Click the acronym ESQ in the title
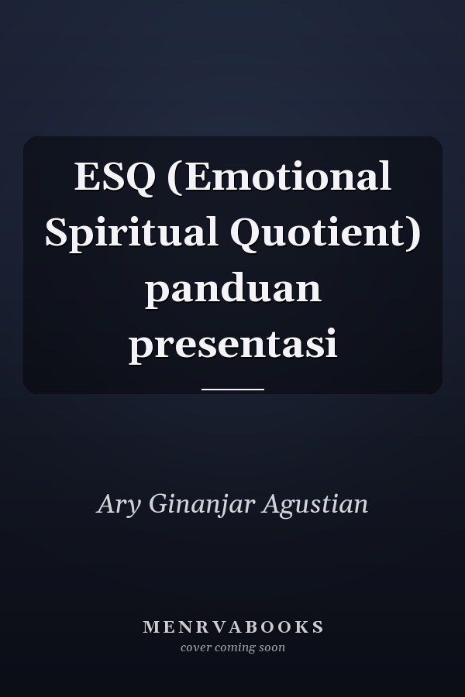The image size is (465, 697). [x=115, y=177]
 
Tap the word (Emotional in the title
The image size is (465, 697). [x=280, y=177]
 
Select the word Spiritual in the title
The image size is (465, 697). [x=131, y=233]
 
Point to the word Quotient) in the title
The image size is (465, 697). [x=325, y=233]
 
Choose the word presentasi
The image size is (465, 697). [x=233, y=345]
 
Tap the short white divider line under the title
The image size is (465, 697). [x=232, y=390]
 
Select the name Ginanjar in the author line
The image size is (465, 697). [x=202, y=505]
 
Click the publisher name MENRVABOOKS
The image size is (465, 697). [x=232, y=627]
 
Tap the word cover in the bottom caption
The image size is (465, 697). [x=196, y=647]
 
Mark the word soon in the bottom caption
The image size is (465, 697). [x=272, y=647]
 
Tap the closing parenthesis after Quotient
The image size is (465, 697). [x=415, y=235]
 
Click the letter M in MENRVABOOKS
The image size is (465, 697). [x=150, y=627]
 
